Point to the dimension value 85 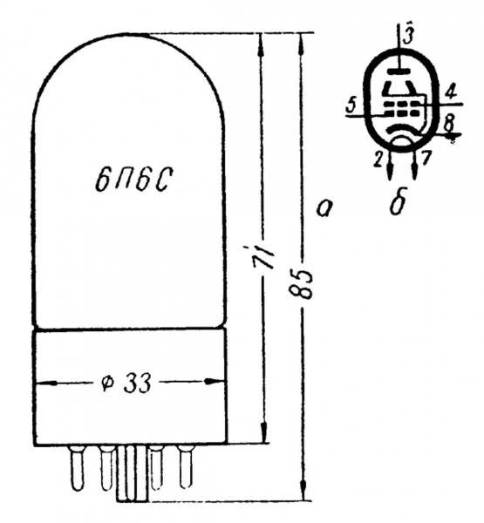click(301, 282)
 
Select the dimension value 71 click(263, 256)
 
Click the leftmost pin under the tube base click(77, 468)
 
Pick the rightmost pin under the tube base click(186, 466)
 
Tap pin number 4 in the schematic click(451, 92)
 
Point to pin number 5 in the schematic click(351, 106)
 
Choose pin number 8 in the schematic click(449, 124)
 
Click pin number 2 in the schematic click(378, 160)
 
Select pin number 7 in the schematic click(425, 158)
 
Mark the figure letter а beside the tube click(324, 209)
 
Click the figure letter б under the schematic click(399, 203)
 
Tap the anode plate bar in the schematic click(399, 71)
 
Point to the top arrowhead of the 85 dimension click(302, 43)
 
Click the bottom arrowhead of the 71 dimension click(263, 432)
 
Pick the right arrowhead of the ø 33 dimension click(214, 381)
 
